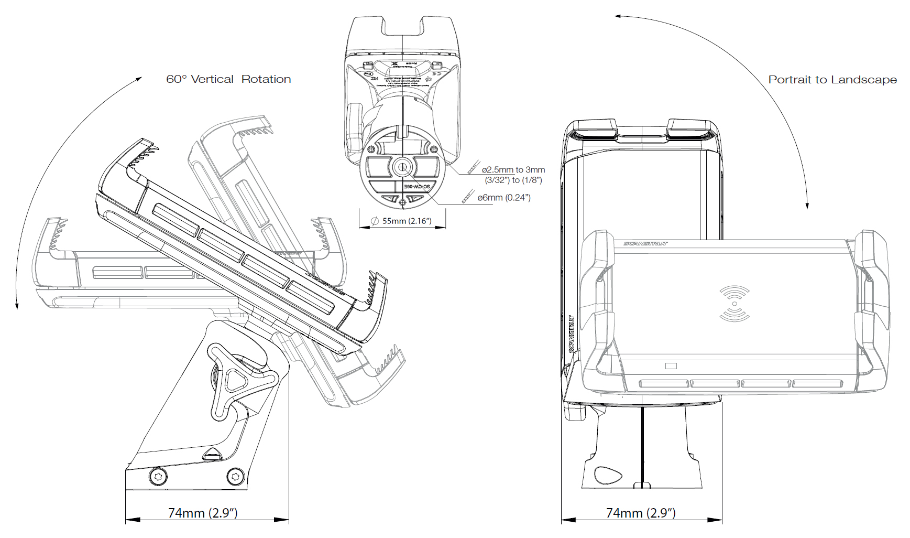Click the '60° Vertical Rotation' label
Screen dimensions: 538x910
tap(228, 79)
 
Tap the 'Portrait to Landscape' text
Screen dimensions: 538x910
tap(832, 80)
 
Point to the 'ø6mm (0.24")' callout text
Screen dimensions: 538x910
tap(503, 198)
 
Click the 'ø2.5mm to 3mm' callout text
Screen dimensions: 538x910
tap(513, 170)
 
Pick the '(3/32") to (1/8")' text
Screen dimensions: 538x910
tap(513, 180)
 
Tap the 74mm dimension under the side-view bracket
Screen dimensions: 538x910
tap(203, 513)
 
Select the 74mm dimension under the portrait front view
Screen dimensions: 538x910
tap(641, 513)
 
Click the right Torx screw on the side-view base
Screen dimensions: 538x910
tap(235, 477)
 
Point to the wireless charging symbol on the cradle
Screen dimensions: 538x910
tap(734, 304)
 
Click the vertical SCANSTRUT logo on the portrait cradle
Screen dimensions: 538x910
tap(572, 334)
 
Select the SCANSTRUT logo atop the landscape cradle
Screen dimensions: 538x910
tap(645, 244)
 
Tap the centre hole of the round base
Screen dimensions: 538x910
tap(402, 168)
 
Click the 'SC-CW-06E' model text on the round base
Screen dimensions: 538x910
tap(417, 187)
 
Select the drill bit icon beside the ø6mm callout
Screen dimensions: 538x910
tap(468, 197)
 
